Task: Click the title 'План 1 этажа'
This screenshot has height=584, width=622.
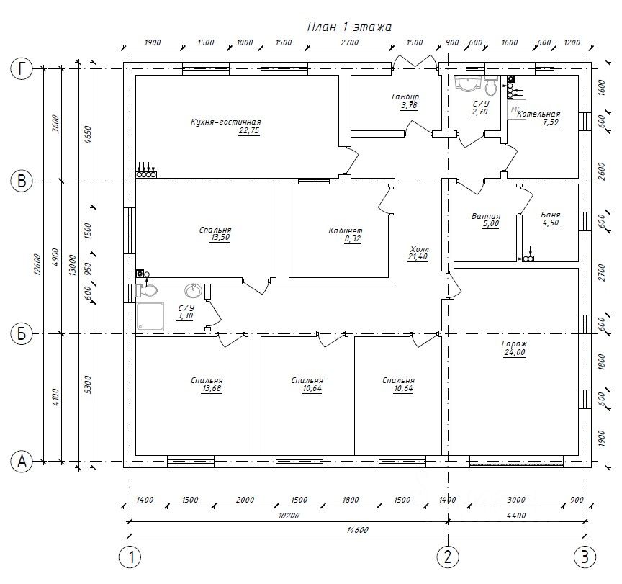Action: point(349,27)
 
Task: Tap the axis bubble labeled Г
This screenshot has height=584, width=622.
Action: point(22,68)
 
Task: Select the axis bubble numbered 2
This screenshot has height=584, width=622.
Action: point(448,557)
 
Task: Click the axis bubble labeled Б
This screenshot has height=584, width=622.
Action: point(22,333)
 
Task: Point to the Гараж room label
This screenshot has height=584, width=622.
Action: point(514,343)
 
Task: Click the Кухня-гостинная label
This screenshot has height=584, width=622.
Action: point(226,122)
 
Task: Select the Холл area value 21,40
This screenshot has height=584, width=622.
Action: point(418,257)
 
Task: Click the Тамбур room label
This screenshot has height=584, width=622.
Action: point(405,96)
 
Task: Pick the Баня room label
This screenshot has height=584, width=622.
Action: point(551,215)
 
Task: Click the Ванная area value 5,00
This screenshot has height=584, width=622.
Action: point(491,224)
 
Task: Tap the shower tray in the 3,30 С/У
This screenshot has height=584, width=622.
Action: point(150,316)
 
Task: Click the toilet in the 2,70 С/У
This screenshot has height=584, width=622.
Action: point(491,86)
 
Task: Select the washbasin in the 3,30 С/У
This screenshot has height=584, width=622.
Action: point(193,290)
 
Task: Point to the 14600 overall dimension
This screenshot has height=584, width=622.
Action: point(357,530)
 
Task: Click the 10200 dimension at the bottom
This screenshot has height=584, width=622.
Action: point(289,516)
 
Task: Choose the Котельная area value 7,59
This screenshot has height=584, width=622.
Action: point(551,122)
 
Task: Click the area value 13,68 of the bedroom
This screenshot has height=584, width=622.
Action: point(212,388)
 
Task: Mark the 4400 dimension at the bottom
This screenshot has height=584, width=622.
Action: point(516,516)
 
